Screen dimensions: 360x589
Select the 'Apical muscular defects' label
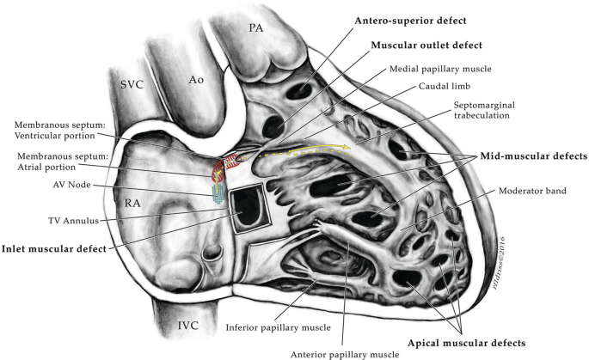point(464,342)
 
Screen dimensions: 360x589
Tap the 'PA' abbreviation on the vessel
point(256,29)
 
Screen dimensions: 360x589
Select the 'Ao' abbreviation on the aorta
point(197,79)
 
